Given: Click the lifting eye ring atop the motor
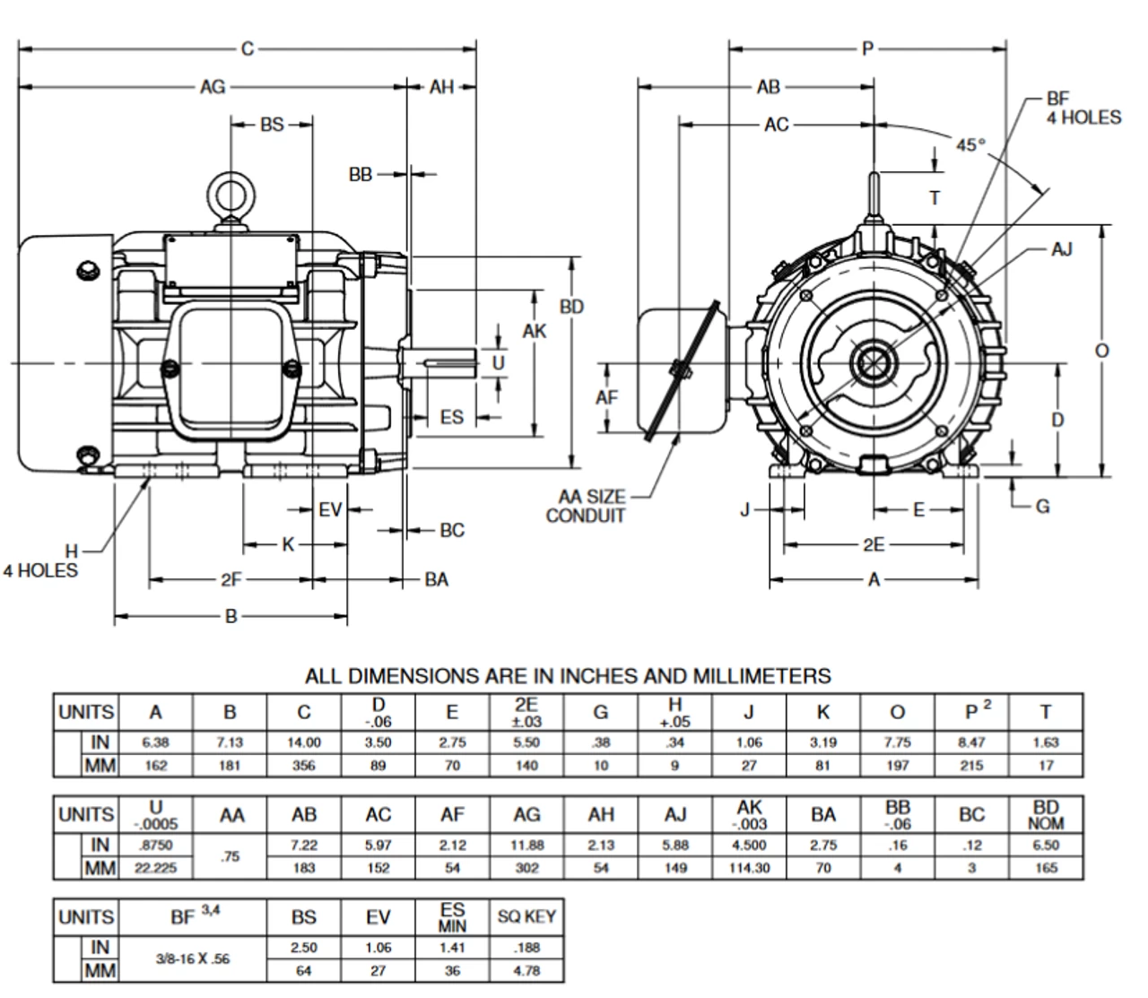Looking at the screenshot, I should click(x=231, y=192).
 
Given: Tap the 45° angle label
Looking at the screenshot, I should click(x=970, y=144).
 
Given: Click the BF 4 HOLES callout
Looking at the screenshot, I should click(x=1083, y=108).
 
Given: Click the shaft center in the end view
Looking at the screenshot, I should click(x=874, y=364).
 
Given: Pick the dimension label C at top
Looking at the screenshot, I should click(x=248, y=48).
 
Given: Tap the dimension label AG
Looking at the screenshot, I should click(x=213, y=87).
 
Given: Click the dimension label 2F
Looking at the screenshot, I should click(x=231, y=580).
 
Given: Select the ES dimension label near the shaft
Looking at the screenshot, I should click(x=452, y=417).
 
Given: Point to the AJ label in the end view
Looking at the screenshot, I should click(x=1061, y=249).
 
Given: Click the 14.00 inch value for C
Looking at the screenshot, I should click(x=304, y=742).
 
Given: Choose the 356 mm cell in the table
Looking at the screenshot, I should click(x=304, y=766).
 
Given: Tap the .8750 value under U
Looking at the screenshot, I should click(x=155, y=845).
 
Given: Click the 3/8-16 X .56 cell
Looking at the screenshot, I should click(x=192, y=959).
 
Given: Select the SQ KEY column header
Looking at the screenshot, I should click(x=526, y=916).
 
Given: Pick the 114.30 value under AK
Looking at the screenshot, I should click(x=749, y=868).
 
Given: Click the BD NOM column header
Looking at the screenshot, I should click(x=1046, y=814).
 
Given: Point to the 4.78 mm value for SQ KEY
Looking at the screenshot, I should click(x=526, y=970).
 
